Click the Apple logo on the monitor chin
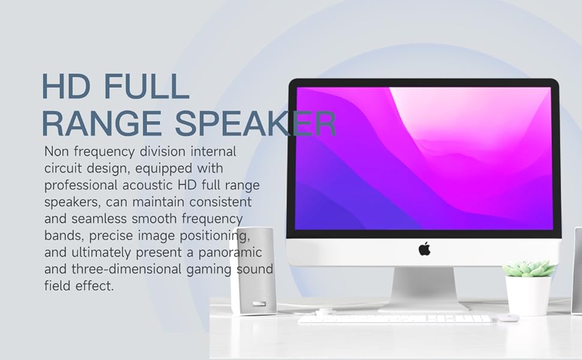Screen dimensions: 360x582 [424, 248]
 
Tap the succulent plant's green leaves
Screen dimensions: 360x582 [529, 268]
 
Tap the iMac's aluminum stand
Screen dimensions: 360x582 [424, 288]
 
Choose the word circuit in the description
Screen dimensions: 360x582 [64, 169]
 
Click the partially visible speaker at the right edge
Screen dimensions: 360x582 [577, 270]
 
